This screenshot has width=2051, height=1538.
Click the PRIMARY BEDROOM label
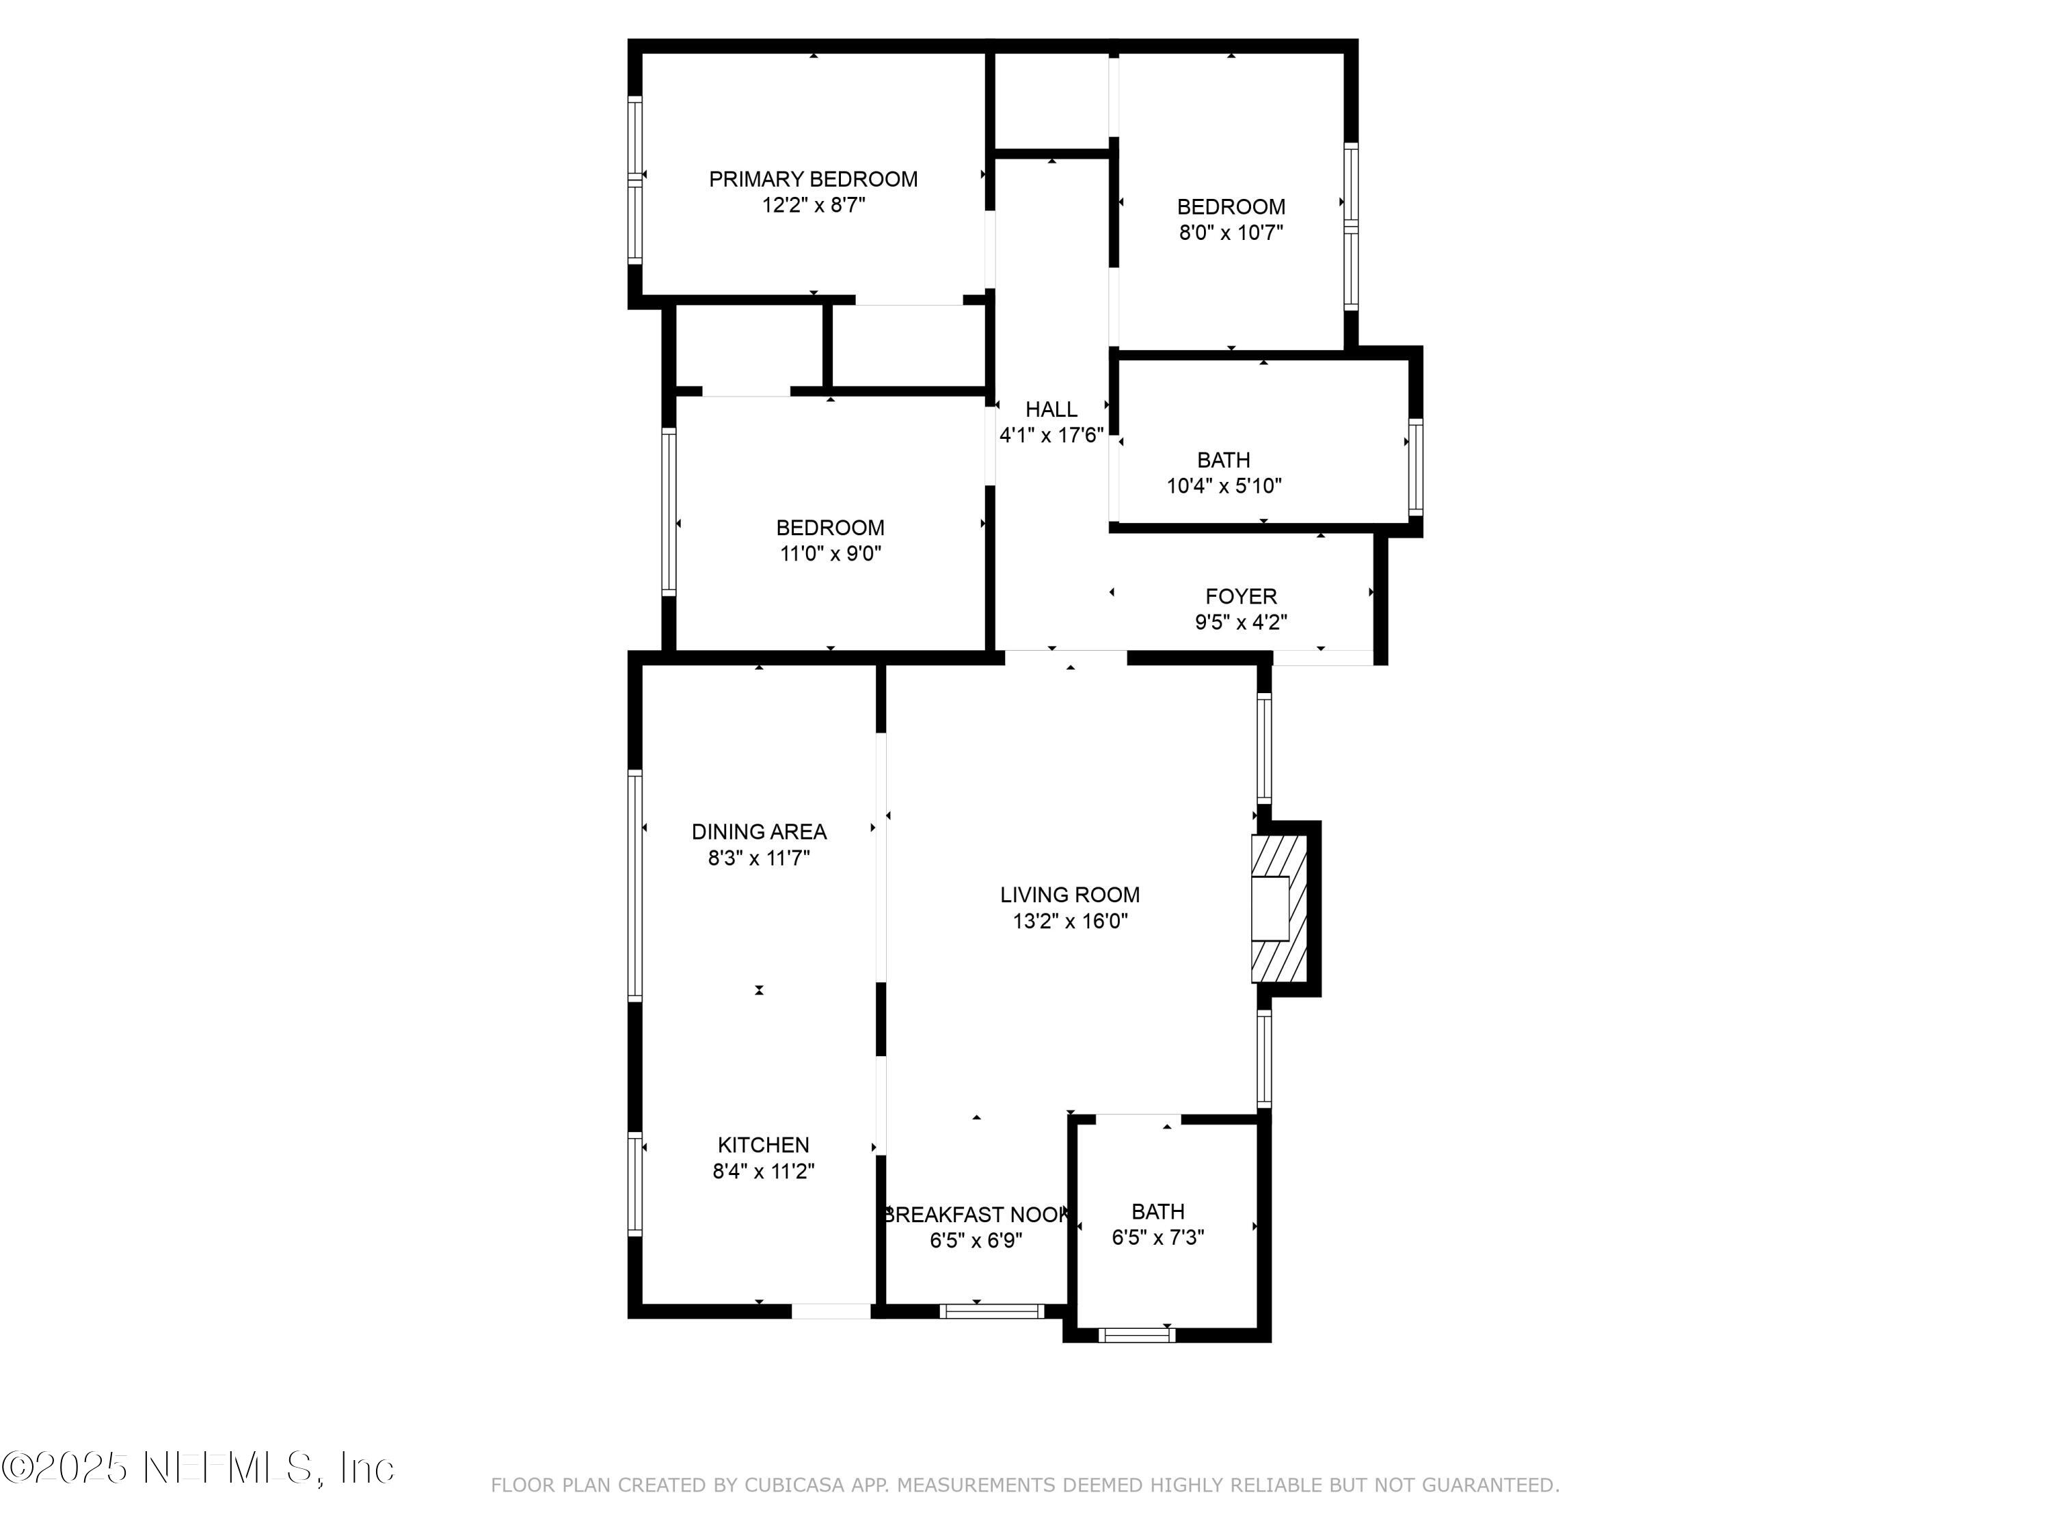tap(813, 179)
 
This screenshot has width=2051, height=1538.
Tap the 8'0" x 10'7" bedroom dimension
tap(1231, 232)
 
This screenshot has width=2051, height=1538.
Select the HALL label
tap(1051, 409)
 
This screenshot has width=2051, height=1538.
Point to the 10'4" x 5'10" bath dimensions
tap(1223, 486)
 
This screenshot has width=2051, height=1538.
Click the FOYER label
tap(1241, 596)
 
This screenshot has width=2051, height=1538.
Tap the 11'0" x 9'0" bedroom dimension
tap(830, 554)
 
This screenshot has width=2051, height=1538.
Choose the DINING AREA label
tap(758, 832)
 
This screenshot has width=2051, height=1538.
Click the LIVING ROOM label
tap(1069, 895)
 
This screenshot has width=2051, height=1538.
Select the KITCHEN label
tap(762, 1145)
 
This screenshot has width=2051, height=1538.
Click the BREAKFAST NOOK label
tap(976, 1215)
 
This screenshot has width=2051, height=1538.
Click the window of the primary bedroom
tap(635, 179)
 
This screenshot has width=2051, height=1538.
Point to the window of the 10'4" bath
tap(1415, 468)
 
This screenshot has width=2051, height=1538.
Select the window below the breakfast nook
tap(991, 1311)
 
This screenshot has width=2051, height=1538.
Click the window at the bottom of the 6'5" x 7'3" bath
tap(1137, 1335)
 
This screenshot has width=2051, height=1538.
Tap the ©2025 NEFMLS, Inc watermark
tap(198, 1468)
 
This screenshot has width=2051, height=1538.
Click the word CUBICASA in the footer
tap(794, 1485)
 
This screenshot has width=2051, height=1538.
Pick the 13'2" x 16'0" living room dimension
tap(1069, 921)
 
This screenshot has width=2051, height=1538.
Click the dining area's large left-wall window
tap(635, 885)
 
